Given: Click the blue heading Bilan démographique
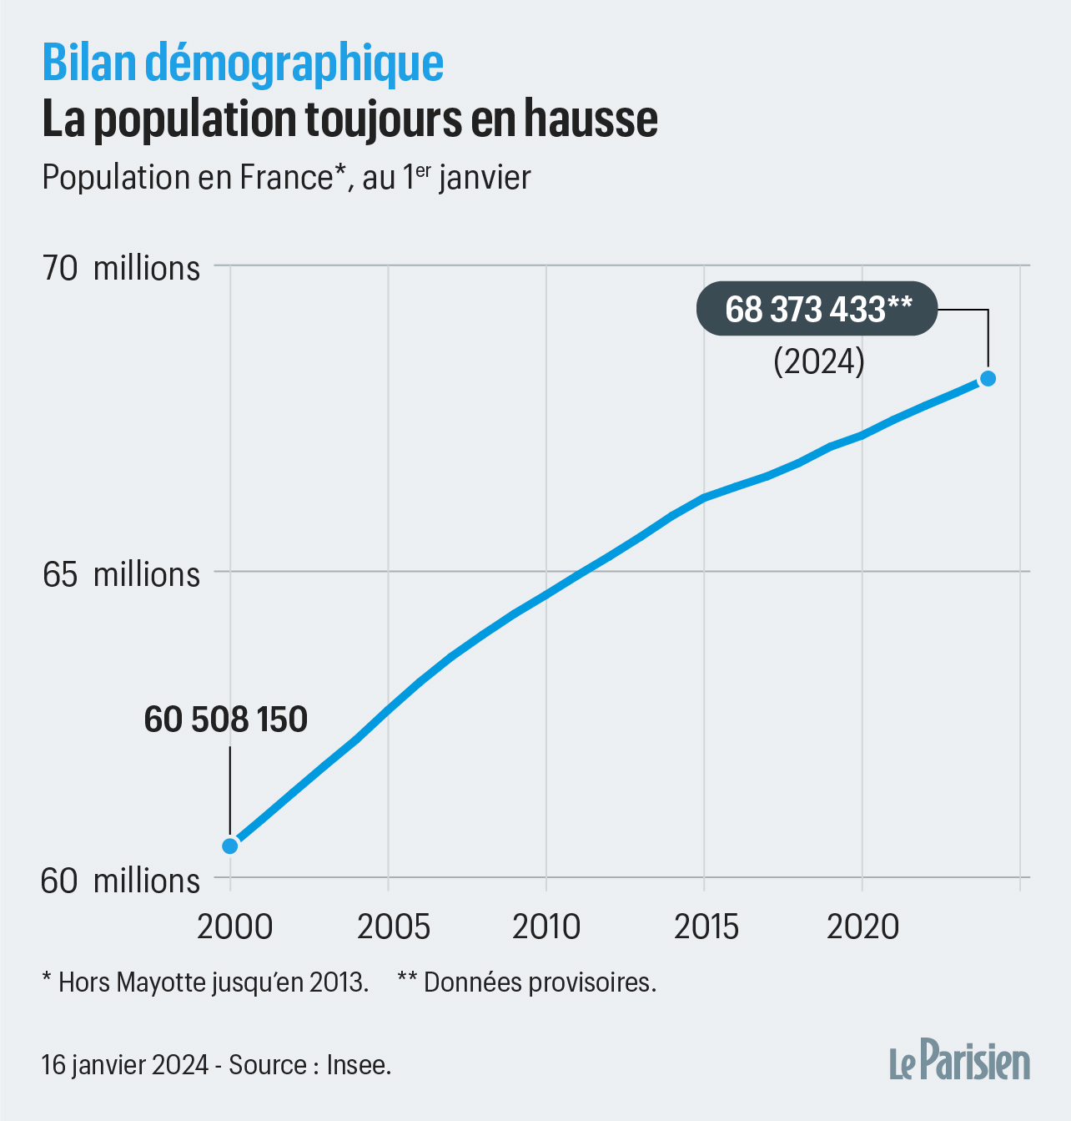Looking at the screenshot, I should pos(243,63).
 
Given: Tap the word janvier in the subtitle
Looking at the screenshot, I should pos(485,178).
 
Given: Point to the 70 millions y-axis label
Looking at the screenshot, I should pos(122,268).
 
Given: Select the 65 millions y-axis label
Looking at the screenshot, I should pos(122,574).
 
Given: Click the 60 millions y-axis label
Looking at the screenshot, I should pos(122,881).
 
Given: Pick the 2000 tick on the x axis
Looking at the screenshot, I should pos(234,927).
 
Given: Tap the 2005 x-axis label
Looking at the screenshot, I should pos(394,927).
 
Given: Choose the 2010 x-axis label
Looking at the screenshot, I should pos(546,927).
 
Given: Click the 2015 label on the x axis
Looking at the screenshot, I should pos(706,927).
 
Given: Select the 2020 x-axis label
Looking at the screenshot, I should pos(863,927).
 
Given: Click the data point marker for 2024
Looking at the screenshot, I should pos(988,378).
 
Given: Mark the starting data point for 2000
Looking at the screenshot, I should pos(230,846).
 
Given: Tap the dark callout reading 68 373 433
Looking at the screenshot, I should pos(817,310).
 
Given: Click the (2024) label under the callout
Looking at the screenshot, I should pos(819,361).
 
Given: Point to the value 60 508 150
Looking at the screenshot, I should pos(226,720).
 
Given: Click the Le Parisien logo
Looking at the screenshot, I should pos(959,1061).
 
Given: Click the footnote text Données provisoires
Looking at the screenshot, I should pos(539,982).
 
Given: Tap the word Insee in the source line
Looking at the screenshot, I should pos(358,1065).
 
